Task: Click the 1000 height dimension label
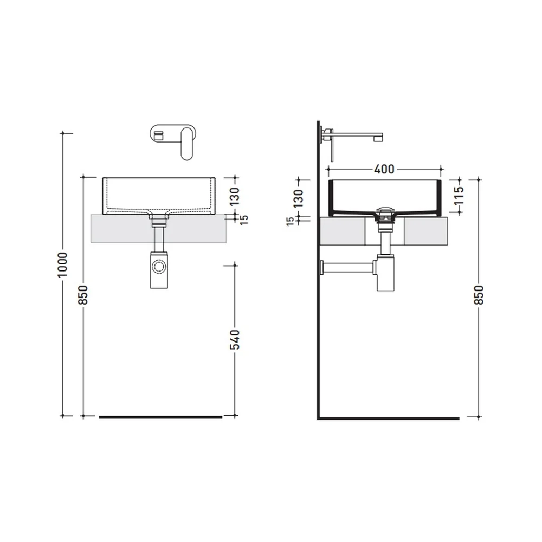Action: pyautogui.click(x=62, y=265)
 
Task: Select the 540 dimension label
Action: pyautogui.click(x=235, y=339)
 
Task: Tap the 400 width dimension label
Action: pyautogui.click(x=384, y=169)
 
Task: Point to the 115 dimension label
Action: pyautogui.click(x=459, y=196)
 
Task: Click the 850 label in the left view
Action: pyautogui.click(x=83, y=295)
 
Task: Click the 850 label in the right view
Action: pyautogui.click(x=479, y=295)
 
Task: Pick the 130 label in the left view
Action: pyautogui.click(x=235, y=196)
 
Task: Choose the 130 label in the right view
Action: pyautogui.click(x=298, y=198)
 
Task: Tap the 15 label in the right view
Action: pyautogui.click(x=291, y=221)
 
